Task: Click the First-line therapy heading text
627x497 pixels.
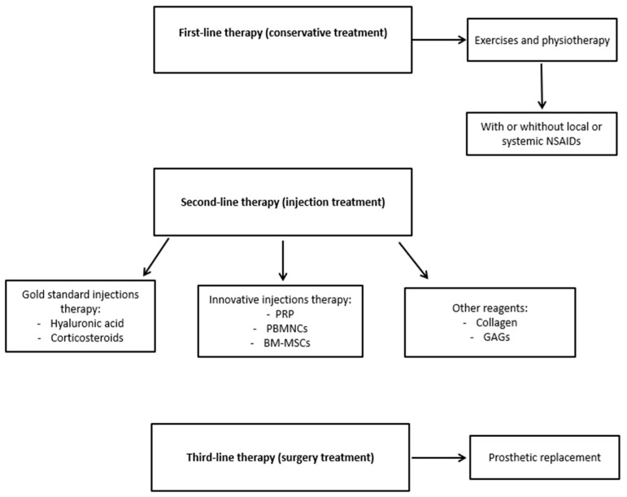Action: (283, 33)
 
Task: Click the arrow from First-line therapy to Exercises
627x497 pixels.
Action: (439, 40)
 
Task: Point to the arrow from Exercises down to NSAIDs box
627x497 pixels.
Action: (542, 86)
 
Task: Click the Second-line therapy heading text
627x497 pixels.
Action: (283, 203)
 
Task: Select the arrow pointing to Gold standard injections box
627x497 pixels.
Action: (156, 257)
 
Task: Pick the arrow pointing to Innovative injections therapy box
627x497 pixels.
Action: (283, 260)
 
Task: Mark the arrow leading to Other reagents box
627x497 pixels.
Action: (413, 260)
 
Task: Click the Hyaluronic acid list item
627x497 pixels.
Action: (87, 323)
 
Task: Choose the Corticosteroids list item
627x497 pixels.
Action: (87, 338)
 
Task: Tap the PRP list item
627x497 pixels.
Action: (285, 314)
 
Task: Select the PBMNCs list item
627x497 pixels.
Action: (287, 329)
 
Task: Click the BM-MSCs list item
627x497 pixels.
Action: (287, 343)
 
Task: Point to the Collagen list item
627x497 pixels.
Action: (496, 323)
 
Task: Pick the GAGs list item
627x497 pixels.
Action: (496, 337)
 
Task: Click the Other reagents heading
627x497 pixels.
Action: (490, 308)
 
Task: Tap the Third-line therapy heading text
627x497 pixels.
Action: (281, 457)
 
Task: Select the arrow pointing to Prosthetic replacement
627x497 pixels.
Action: (439, 457)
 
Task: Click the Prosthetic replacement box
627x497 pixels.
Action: (545, 457)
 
